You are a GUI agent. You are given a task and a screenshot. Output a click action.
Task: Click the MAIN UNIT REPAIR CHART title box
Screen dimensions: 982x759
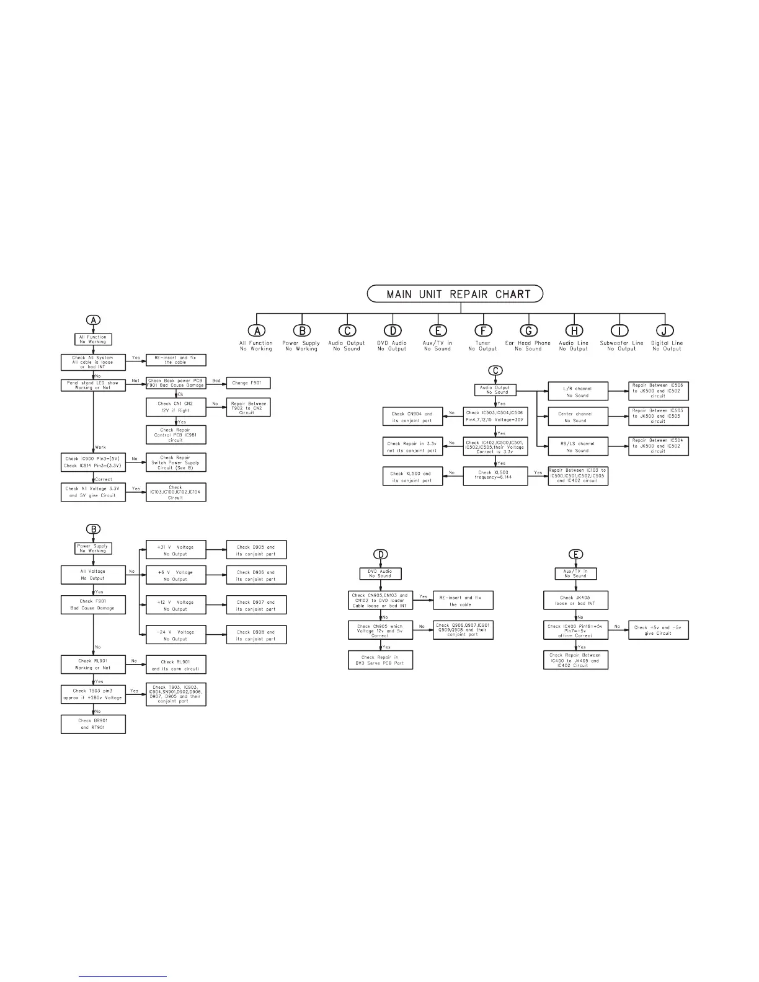(455, 294)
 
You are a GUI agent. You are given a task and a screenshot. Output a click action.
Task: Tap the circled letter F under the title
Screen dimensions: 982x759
(483, 331)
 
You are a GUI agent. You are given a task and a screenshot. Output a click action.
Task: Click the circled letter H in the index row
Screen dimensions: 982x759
(574, 331)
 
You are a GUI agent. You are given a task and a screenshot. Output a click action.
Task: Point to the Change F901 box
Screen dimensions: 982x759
(248, 383)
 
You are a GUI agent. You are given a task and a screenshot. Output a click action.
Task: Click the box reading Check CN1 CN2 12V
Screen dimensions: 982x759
(176, 407)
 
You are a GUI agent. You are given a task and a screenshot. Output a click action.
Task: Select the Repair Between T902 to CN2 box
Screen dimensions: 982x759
(248, 407)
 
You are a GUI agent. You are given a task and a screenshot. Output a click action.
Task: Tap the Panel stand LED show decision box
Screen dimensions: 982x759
(93, 384)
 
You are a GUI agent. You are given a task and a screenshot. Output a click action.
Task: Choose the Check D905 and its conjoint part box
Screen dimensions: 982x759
(255, 550)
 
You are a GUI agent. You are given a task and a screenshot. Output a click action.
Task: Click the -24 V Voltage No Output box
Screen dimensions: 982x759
(175, 635)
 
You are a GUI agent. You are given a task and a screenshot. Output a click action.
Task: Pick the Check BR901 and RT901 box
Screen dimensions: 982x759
(93, 724)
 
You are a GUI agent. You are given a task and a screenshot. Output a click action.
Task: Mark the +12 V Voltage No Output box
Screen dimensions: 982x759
(175, 605)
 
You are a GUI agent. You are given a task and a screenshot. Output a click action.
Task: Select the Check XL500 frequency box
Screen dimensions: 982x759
(495, 476)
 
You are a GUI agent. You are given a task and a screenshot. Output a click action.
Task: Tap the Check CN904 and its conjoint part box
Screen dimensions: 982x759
(412, 417)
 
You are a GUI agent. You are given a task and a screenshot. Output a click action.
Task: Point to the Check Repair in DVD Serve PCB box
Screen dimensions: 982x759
(380, 660)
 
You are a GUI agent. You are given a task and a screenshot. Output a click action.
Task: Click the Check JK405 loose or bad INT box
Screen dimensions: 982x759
(575, 600)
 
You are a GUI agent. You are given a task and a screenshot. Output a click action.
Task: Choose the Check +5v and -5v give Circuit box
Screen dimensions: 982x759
(658, 630)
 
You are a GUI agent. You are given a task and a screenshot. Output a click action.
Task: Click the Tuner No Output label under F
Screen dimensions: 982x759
(482, 346)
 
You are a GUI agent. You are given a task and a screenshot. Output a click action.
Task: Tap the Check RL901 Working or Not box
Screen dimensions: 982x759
(93, 665)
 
